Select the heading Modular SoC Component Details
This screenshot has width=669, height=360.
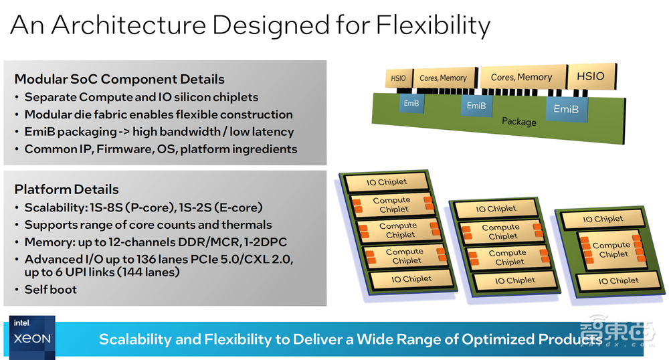click(x=120, y=79)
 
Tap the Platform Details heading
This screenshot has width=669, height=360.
click(x=66, y=189)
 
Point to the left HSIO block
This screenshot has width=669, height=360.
click(x=398, y=79)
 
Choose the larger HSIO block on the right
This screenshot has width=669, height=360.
click(x=590, y=76)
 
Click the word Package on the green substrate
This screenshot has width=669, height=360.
click(x=519, y=121)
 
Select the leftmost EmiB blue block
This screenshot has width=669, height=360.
click(x=411, y=103)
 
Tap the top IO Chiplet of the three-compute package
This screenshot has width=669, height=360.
click(x=387, y=182)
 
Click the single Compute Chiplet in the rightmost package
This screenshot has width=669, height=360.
click(x=611, y=250)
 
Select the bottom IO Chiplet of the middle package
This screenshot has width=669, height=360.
click(x=515, y=280)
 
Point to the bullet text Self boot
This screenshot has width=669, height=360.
click(x=50, y=289)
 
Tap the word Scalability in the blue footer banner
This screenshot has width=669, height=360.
click(x=136, y=339)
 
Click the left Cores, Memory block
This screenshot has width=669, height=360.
click(x=443, y=78)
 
